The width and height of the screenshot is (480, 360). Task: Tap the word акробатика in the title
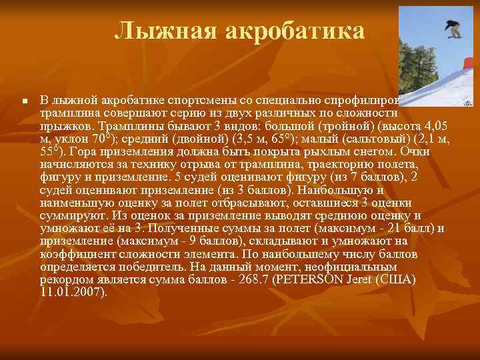tap(293, 31)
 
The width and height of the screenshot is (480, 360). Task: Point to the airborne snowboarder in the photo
tap(454, 29)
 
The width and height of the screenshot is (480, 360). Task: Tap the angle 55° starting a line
tap(51, 151)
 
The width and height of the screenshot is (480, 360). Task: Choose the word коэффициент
tap(74, 254)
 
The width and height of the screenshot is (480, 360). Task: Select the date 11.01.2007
tap(73, 292)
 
